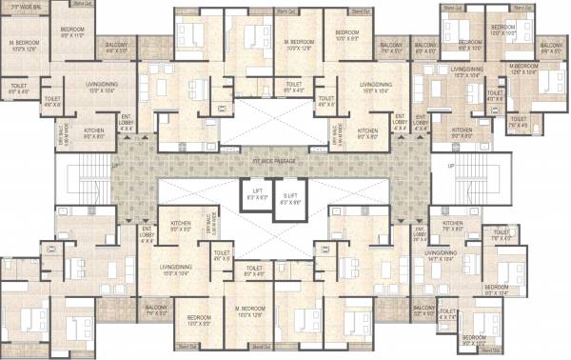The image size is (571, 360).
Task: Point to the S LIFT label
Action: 290,201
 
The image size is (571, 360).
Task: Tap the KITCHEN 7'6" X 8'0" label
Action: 453,227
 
